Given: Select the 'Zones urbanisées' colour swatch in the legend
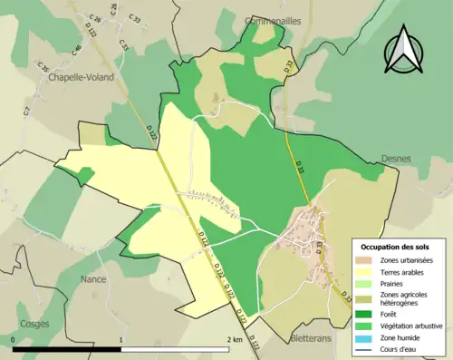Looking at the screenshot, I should coord(363,260).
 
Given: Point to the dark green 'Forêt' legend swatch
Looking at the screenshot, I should coord(363,313).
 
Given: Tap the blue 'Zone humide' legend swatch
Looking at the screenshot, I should coord(363,336).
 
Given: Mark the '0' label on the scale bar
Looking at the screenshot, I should coord(14,339).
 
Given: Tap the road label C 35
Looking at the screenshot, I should coord(42,68).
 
